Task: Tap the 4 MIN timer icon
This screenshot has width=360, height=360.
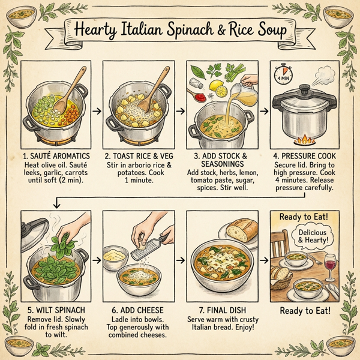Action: click(283, 77)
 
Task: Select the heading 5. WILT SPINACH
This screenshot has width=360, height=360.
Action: click(56, 311)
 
